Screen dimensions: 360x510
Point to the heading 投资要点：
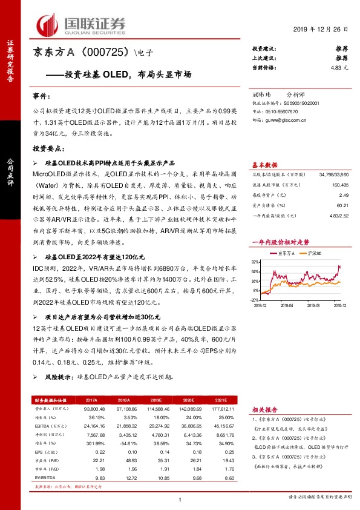pos(48,148)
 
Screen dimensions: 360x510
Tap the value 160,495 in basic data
pos(340,184)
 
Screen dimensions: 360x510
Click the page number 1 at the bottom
pos(180,499)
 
